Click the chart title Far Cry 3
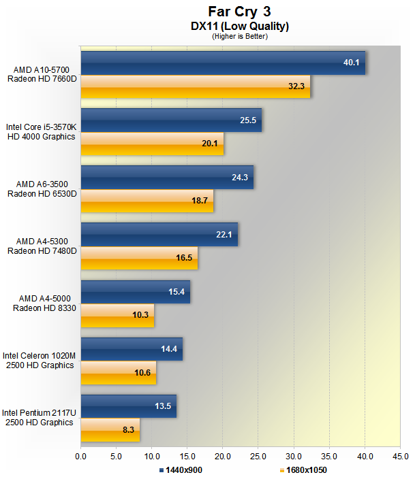(x=239, y=12)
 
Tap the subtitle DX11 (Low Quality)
(x=240, y=26)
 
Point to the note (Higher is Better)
(x=240, y=36)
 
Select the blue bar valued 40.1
(x=223, y=63)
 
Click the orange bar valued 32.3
(x=196, y=86)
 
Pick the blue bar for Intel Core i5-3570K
(x=171, y=120)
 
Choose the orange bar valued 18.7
(x=147, y=201)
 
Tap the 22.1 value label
(x=224, y=235)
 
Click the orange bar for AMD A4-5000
(x=117, y=316)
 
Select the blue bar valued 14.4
(x=132, y=349)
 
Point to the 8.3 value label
(x=128, y=430)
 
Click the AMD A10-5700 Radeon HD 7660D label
(x=42, y=74)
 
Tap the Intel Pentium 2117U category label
(x=39, y=417)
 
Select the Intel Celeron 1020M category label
(x=39, y=360)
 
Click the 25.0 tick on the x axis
(x=258, y=457)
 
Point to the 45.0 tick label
(x=401, y=457)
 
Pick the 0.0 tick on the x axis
(x=80, y=457)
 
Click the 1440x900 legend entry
(x=181, y=470)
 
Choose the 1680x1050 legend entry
(x=303, y=470)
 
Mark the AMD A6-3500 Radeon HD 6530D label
(x=42, y=189)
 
